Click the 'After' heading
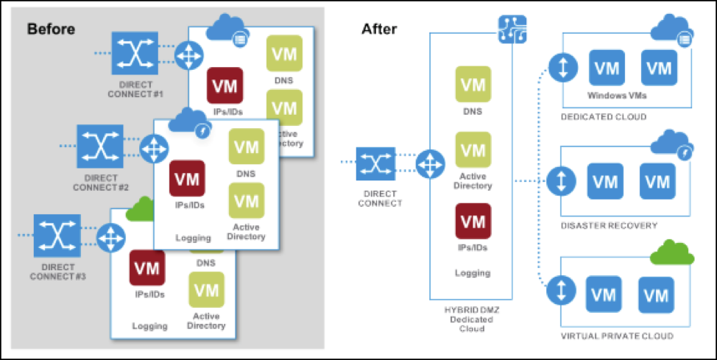click(379, 29)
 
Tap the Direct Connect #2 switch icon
click(100, 146)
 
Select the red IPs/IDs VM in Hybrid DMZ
click(473, 221)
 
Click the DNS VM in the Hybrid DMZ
click(473, 84)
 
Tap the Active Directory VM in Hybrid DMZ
click(473, 152)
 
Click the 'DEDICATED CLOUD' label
click(603, 116)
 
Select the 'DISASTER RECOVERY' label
click(609, 225)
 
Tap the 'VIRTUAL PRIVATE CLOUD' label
click(616, 336)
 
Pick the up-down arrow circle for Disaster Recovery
click(561, 179)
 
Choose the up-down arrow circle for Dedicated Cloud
click(561, 69)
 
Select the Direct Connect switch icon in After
click(375, 163)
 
